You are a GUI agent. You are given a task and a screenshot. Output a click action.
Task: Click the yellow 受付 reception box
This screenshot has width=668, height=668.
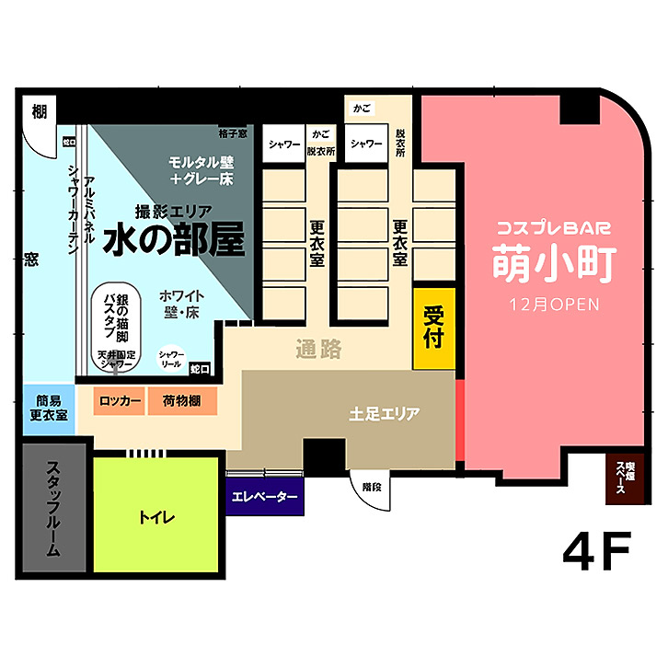click(433, 328)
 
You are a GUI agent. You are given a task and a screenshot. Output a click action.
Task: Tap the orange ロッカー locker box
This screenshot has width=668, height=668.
click(120, 401)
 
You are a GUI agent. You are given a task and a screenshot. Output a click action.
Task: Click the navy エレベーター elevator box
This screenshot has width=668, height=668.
click(265, 498)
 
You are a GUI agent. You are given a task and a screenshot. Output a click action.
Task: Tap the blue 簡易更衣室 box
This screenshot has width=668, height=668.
click(47, 408)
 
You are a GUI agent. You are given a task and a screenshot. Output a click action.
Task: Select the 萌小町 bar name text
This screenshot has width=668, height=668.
click(552, 262)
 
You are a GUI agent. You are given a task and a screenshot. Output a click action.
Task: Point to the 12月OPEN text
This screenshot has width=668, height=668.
click(552, 304)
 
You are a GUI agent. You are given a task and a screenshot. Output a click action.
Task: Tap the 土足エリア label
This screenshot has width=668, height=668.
click(385, 414)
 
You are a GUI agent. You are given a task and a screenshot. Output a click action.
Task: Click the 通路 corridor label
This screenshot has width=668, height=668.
click(318, 350)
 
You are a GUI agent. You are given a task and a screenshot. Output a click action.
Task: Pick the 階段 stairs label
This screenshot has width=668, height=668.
click(372, 487)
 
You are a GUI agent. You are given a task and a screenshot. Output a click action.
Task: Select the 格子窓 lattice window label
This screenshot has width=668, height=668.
click(233, 133)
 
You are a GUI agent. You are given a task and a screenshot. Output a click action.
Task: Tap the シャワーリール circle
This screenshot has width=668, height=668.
click(171, 359)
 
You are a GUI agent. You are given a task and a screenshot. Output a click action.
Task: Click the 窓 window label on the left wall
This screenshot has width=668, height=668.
click(31, 259)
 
